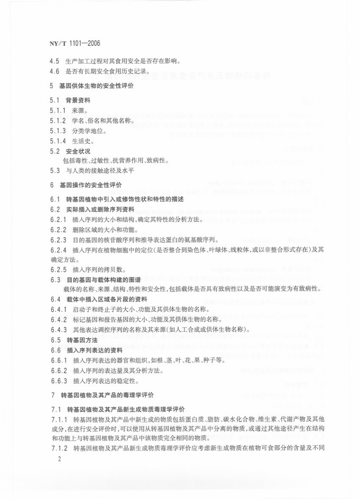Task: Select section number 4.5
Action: pyautogui.click(x=55, y=61)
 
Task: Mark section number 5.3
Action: pyautogui.click(x=55, y=170)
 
